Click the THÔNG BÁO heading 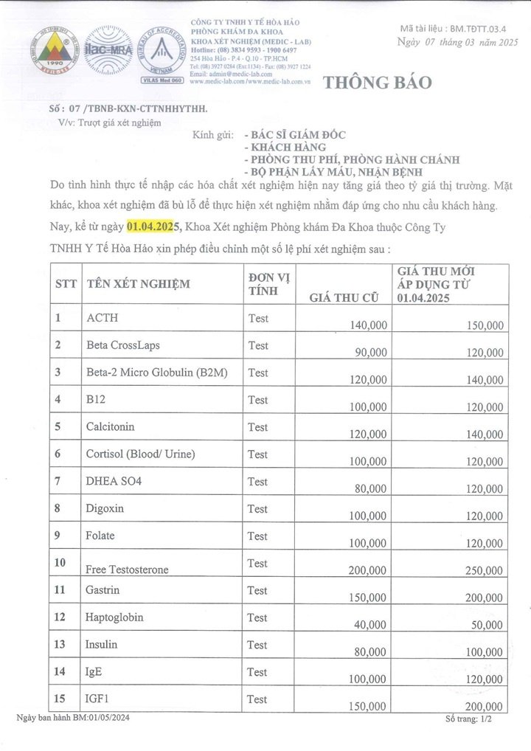(378, 83)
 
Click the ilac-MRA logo (108, 50)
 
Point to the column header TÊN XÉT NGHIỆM (138, 284)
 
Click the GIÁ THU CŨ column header (344, 298)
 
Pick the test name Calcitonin (111, 427)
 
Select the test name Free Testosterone (127, 570)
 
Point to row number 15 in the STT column (62, 698)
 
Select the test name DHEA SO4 (114, 482)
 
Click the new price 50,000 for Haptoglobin (487, 625)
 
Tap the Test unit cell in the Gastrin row (258, 590)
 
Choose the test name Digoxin (105, 509)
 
